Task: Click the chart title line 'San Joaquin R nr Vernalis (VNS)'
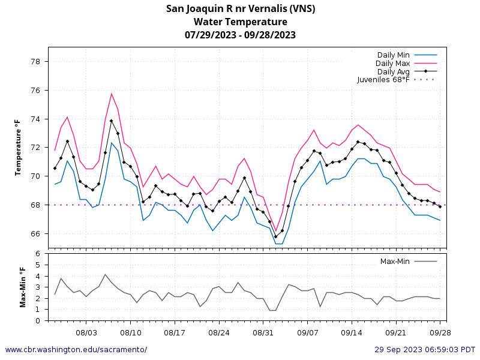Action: pyautogui.click(x=240, y=8)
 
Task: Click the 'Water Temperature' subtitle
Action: pyautogui.click(x=240, y=22)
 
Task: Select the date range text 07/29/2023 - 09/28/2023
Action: pyautogui.click(x=240, y=35)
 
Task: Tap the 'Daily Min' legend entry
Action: pyautogui.click(x=393, y=55)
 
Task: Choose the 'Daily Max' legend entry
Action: pyautogui.click(x=392, y=63)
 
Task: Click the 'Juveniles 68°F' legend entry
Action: pyautogui.click(x=383, y=79)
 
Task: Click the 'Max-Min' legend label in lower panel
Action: pyautogui.click(x=395, y=262)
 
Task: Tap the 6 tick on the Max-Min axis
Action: pyautogui.click(x=38, y=254)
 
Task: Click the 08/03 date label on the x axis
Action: pyautogui.click(x=86, y=332)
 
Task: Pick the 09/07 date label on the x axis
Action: pyautogui.click(x=307, y=332)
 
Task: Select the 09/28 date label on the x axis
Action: pyautogui.click(x=440, y=332)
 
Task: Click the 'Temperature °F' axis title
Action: pyautogui.click(x=18, y=148)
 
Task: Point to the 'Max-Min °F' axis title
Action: pyautogui.click(x=23, y=287)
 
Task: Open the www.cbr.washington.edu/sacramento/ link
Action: pyautogui.click(x=76, y=350)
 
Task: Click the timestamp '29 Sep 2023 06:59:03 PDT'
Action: pyautogui.click(x=425, y=350)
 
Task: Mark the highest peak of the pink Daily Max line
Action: pyautogui.click(x=112, y=94)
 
